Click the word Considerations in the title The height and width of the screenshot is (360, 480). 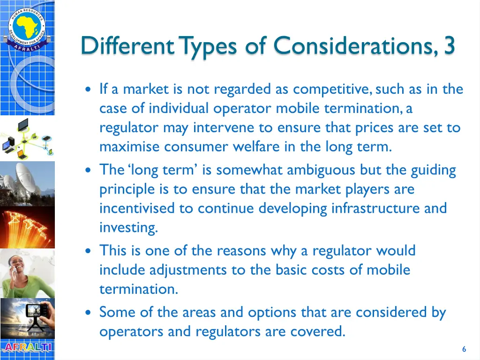(x=355, y=46)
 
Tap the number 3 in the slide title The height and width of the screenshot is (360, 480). (x=449, y=46)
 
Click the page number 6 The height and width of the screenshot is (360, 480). (x=464, y=349)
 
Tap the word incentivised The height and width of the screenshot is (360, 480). (x=137, y=208)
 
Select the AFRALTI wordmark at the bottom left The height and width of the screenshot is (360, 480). (x=27, y=348)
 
